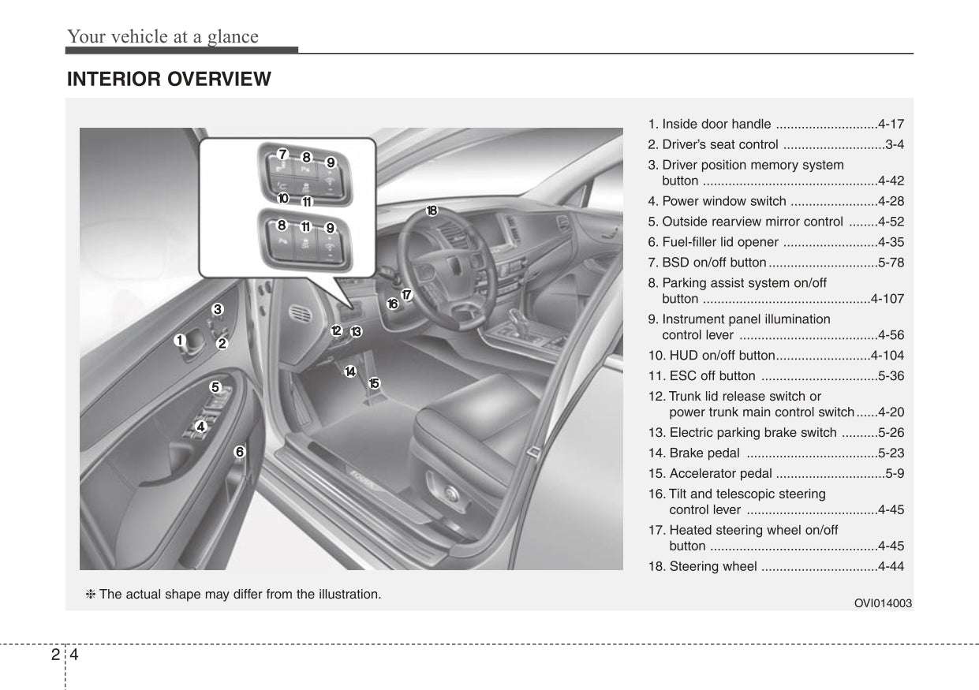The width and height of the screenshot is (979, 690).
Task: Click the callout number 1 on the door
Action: [180, 340]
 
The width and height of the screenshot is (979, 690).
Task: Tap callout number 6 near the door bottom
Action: [238, 452]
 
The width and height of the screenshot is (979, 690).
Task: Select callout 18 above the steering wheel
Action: [432, 211]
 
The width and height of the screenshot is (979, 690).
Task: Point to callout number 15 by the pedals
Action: [374, 383]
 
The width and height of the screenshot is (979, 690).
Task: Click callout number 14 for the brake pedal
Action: [350, 371]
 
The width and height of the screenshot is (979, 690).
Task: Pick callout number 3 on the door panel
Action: [217, 309]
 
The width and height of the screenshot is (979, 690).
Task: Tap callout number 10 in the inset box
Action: [282, 199]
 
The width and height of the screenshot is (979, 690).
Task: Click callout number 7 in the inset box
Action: [282, 154]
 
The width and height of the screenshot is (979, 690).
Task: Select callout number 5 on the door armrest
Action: [215, 387]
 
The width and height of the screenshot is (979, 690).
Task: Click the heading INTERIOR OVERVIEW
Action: [169, 79]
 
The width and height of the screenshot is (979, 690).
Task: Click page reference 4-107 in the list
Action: [887, 299]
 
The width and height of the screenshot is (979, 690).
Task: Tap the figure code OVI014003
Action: [883, 603]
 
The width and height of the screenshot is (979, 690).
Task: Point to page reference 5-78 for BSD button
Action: [891, 262]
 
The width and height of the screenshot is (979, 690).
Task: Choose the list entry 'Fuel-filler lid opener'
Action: [720, 242]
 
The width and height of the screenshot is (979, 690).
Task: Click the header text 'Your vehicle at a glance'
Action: [163, 36]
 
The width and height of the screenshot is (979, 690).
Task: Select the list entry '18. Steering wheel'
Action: [702, 566]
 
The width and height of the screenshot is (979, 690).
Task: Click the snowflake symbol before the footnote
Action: [91, 594]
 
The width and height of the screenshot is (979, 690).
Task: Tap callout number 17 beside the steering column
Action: [407, 295]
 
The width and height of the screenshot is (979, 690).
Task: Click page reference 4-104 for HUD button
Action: [887, 356]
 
